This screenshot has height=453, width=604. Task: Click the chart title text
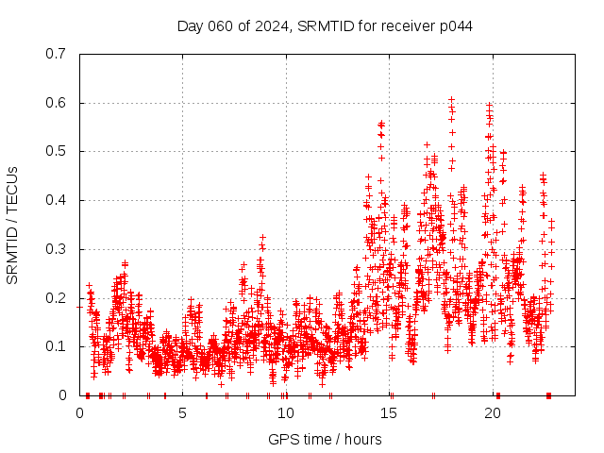(325, 25)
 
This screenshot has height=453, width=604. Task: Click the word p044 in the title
(454, 25)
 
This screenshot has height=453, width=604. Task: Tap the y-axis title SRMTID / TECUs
(12, 225)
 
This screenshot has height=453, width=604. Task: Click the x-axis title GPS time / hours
(325, 439)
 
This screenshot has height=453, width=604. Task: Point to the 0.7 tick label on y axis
(56, 54)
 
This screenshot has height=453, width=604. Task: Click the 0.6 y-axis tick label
(56, 103)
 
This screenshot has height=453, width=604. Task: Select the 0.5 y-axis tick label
(56, 151)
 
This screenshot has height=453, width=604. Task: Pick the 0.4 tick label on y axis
(56, 200)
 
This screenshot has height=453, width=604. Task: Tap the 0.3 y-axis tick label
(56, 249)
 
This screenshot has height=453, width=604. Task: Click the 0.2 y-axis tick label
(56, 298)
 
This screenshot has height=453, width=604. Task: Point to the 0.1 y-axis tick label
(56, 346)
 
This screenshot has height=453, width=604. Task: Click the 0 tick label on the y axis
(62, 395)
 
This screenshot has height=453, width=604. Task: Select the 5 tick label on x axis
(183, 413)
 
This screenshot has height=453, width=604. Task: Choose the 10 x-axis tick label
(286, 413)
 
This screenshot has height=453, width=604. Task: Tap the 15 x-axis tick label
(389, 413)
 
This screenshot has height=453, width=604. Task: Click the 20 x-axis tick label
(492, 413)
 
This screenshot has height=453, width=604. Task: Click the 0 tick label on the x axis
(80, 413)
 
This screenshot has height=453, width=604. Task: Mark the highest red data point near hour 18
(452, 98)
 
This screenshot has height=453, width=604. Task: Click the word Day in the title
(190, 25)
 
